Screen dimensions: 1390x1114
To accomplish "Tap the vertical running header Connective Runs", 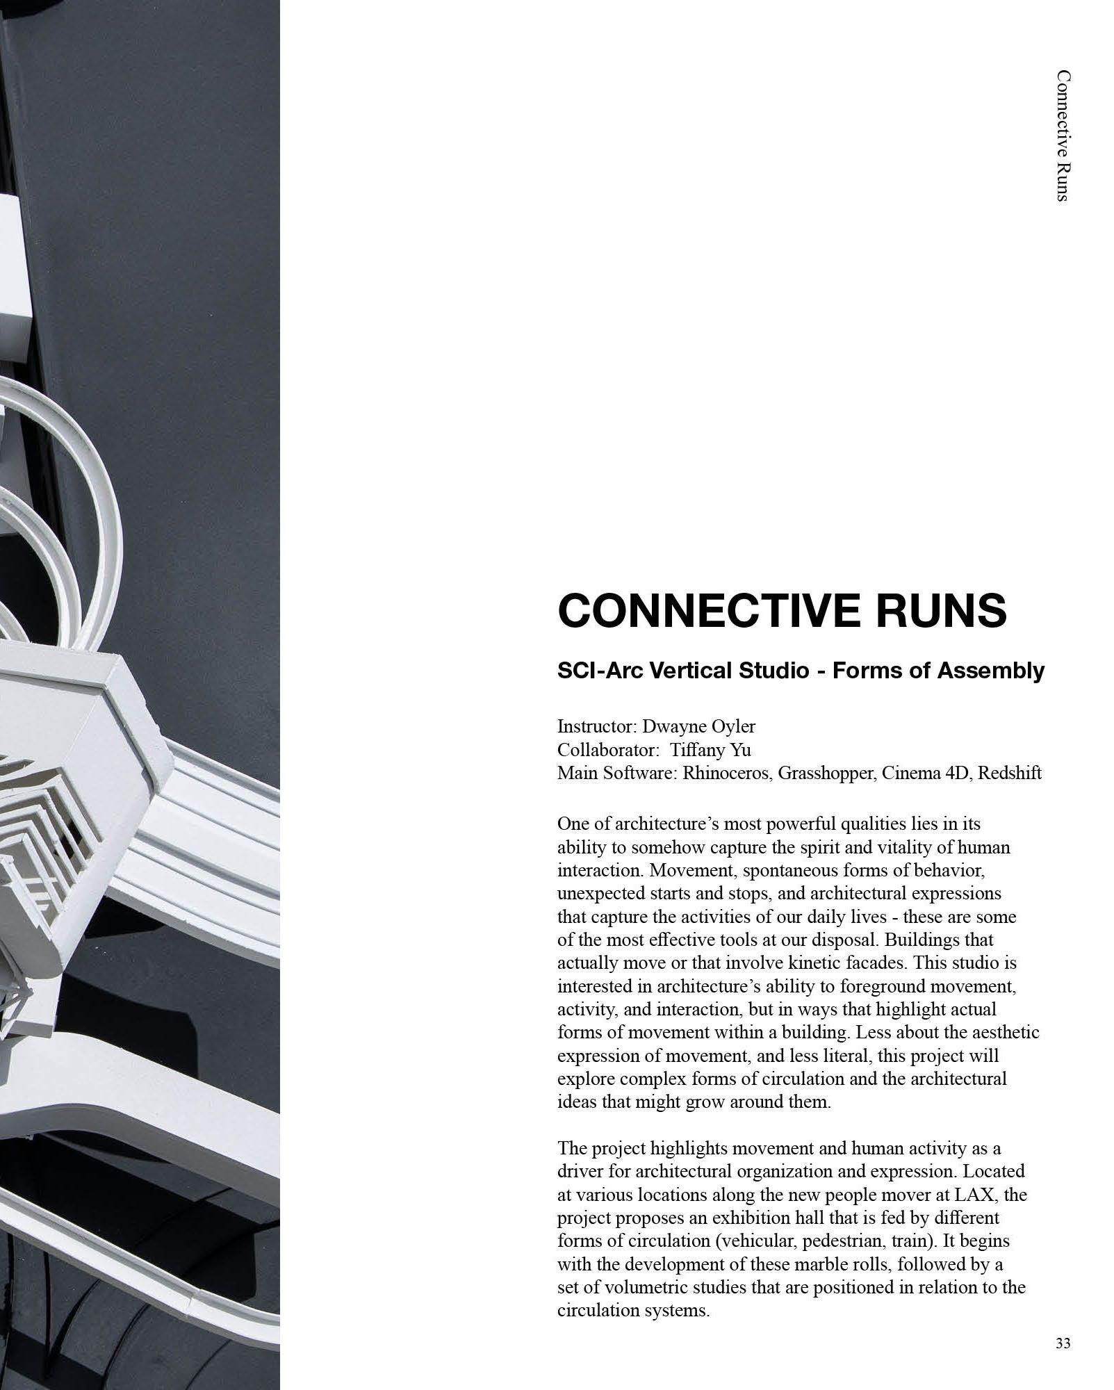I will tap(1061, 136).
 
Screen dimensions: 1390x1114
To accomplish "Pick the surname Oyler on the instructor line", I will tap(734, 727).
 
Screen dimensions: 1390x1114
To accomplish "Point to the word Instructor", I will tap(596, 727).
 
